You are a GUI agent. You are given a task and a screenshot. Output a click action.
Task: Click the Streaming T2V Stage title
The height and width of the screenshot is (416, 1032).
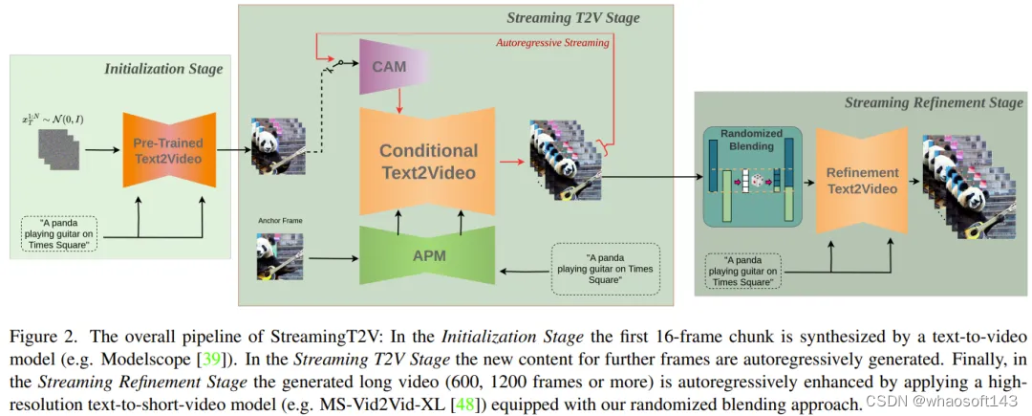coord(572,17)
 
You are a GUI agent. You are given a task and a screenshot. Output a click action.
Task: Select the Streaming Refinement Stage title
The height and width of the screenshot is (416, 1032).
coord(934,102)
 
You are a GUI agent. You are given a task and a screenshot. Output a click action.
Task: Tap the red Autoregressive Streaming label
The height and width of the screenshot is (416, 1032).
coord(552,43)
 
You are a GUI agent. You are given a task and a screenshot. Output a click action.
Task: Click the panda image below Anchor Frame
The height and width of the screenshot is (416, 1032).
coord(279,256)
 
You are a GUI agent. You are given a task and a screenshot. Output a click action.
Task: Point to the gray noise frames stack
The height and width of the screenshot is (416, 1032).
coord(60,143)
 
